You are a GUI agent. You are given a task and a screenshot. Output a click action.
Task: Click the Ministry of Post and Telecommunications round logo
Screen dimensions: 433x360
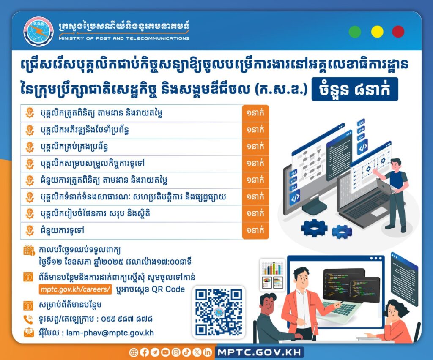pos(38,31)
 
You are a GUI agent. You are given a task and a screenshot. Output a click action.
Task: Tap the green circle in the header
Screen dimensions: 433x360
pos(355,32)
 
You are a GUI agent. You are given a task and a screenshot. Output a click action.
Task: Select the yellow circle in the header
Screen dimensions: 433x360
pos(377,32)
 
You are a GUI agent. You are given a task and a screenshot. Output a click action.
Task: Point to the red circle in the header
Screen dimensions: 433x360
pos(398,32)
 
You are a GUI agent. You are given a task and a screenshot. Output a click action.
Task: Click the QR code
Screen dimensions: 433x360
pos(219,312)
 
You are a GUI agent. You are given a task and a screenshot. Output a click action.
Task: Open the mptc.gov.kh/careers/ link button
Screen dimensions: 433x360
pos(75,289)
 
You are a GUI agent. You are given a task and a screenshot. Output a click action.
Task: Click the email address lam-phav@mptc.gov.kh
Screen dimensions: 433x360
pos(110,333)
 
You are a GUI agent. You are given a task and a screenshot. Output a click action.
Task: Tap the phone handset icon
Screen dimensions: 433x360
pos(28,319)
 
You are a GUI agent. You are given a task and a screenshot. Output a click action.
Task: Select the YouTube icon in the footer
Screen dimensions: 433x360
pos(165,352)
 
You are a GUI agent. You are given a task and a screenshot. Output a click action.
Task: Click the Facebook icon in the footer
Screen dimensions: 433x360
pos(144,352)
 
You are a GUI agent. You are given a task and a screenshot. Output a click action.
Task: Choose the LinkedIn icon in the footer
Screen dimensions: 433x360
pos(207,352)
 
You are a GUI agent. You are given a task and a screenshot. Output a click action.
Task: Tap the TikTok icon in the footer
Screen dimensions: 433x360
pos(186,352)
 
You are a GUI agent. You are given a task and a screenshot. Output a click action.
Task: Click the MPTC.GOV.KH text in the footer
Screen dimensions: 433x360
pos(259,352)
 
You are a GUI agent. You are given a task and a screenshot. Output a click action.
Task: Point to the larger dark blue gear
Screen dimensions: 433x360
pos(314,228)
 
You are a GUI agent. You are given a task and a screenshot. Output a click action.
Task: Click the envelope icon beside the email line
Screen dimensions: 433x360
pos(29,333)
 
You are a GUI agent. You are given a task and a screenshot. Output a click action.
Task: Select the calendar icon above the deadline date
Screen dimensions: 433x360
pos(29,251)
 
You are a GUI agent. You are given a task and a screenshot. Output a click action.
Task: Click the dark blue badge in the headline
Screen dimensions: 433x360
pos(355,90)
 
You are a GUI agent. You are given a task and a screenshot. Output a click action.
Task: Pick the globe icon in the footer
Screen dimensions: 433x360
pos(134,352)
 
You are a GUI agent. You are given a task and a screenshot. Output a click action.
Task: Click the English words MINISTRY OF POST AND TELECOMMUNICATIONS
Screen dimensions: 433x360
pos(124,38)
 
